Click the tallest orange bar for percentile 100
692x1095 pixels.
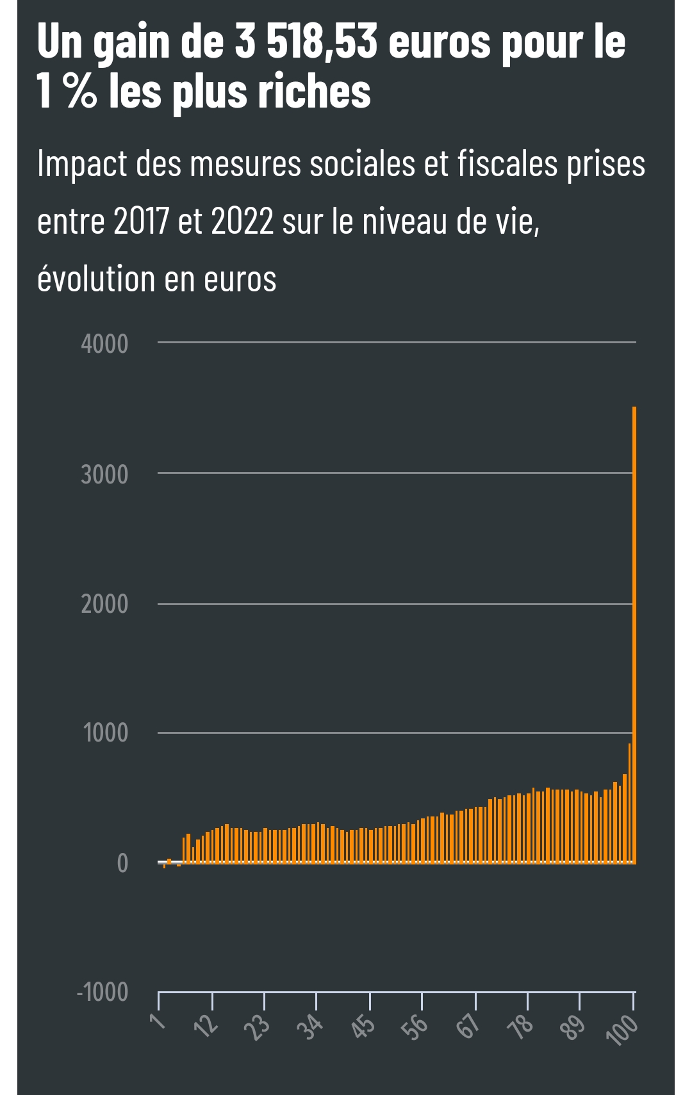click(634, 634)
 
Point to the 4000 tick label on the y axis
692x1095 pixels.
click(104, 344)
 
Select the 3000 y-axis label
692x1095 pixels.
click(104, 474)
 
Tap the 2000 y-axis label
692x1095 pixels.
click(104, 604)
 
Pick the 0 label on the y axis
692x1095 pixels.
click(122, 863)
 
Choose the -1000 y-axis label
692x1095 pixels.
click(103, 992)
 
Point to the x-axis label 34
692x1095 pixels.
click(311, 1027)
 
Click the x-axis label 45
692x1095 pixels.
click(363, 1026)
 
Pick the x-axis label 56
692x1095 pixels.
click(416, 1026)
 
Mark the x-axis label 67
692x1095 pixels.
click(468, 1026)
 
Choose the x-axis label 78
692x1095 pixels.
click(521, 1026)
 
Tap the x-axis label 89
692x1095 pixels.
click(573, 1026)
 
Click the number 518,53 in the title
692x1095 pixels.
click(322, 42)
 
